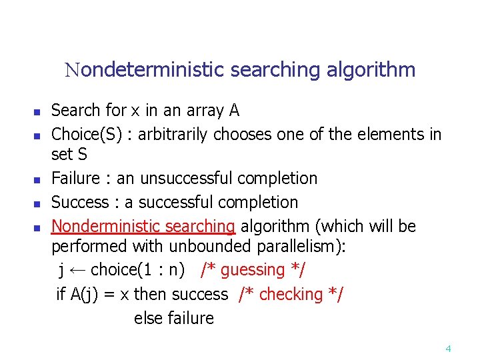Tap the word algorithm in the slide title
pos(371,69)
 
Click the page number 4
pos(448,348)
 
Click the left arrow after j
pos(77,271)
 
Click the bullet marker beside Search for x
pos(38,111)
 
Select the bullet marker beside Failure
pos(38,180)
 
